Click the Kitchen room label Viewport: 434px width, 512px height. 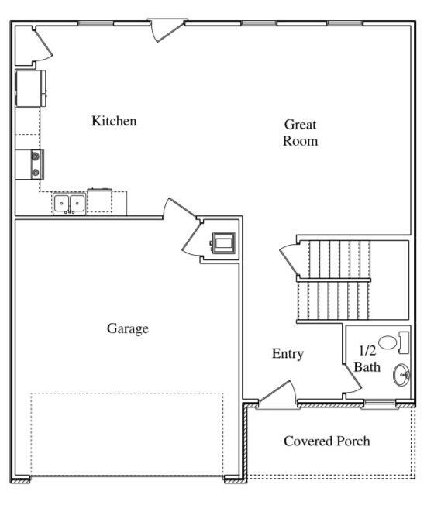114,121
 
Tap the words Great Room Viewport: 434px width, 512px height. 300,132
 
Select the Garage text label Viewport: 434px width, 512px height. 128,328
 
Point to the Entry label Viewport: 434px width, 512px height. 288,354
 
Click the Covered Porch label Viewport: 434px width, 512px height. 326,441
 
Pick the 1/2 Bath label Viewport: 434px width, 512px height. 367,359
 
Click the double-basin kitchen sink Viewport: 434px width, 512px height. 69,204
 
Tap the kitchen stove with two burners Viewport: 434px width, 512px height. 33,163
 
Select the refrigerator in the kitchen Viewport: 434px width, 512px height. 30,88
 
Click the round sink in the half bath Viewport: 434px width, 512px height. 402,376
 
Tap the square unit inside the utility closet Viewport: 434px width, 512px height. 223,243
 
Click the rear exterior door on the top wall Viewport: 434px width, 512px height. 167,29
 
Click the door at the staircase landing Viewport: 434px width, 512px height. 288,259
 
